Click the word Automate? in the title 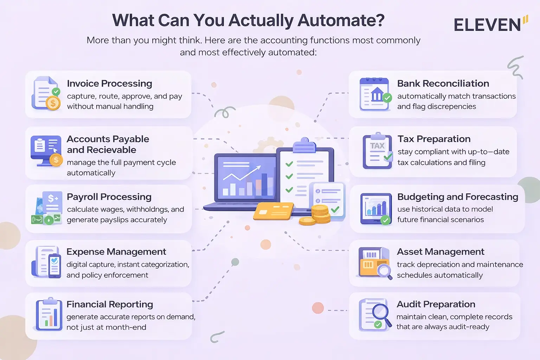pyautogui.click(x=341, y=20)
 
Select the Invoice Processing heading pyautogui.click(x=109, y=84)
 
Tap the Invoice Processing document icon pyautogui.click(x=46, y=93)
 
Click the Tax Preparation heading pyautogui.click(x=434, y=139)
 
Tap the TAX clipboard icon pyautogui.click(x=378, y=151)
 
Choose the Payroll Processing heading pyautogui.click(x=109, y=197)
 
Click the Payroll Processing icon pyautogui.click(x=47, y=208)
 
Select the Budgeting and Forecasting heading pyautogui.click(x=457, y=197)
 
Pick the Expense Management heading pyautogui.click(x=116, y=252)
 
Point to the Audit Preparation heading pyautogui.click(x=436, y=304)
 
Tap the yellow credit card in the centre pyautogui.click(x=274, y=211)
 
